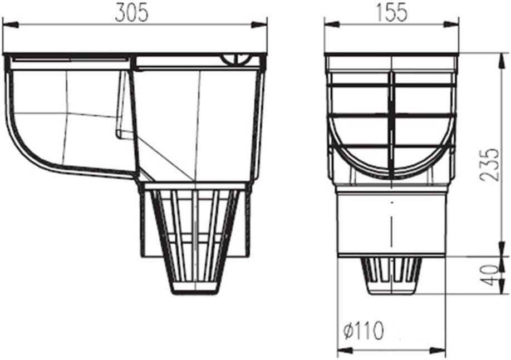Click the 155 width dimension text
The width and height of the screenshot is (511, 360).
point(391,13)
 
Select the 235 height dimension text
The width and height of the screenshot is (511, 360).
point(489,165)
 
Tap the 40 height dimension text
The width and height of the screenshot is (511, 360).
point(490,275)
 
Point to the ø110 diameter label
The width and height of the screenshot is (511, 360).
point(364,331)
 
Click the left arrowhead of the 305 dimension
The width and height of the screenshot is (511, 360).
point(11,24)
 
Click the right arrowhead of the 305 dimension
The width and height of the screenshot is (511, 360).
point(259,24)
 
